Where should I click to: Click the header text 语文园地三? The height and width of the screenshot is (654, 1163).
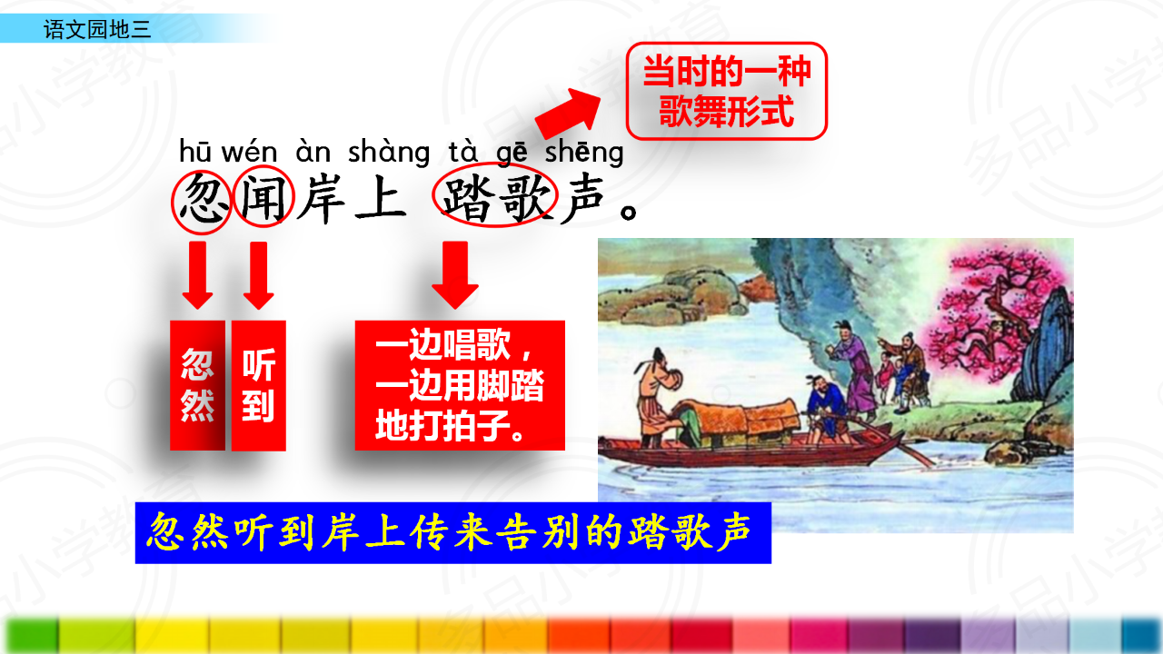pyautogui.click(x=97, y=29)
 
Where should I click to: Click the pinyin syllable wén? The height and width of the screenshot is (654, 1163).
pyautogui.click(x=249, y=152)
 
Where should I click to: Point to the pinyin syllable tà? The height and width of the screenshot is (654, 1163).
pyautogui.click(x=462, y=151)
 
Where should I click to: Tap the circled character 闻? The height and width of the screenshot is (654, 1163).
pyautogui.click(x=263, y=198)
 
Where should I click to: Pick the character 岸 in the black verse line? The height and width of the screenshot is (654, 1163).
pyautogui.click(x=323, y=199)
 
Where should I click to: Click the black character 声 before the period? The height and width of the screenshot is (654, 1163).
pyautogui.click(x=583, y=199)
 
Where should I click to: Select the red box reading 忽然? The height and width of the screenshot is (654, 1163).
pyautogui.click(x=197, y=385)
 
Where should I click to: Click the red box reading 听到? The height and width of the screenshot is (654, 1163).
pyautogui.click(x=259, y=385)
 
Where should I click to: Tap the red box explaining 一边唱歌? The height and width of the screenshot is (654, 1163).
pyautogui.click(x=460, y=385)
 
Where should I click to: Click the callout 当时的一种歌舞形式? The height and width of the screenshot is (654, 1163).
pyautogui.click(x=726, y=92)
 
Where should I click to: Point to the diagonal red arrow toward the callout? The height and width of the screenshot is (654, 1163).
pyautogui.click(x=568, y=114)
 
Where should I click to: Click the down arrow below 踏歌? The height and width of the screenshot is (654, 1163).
pyautogui.click(x=455, y=275)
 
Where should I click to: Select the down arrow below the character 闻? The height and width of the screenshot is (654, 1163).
pyautogui.click(x=259, y=275)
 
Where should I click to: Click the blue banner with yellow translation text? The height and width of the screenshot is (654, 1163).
pyautogui.click(x=452, y=532)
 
